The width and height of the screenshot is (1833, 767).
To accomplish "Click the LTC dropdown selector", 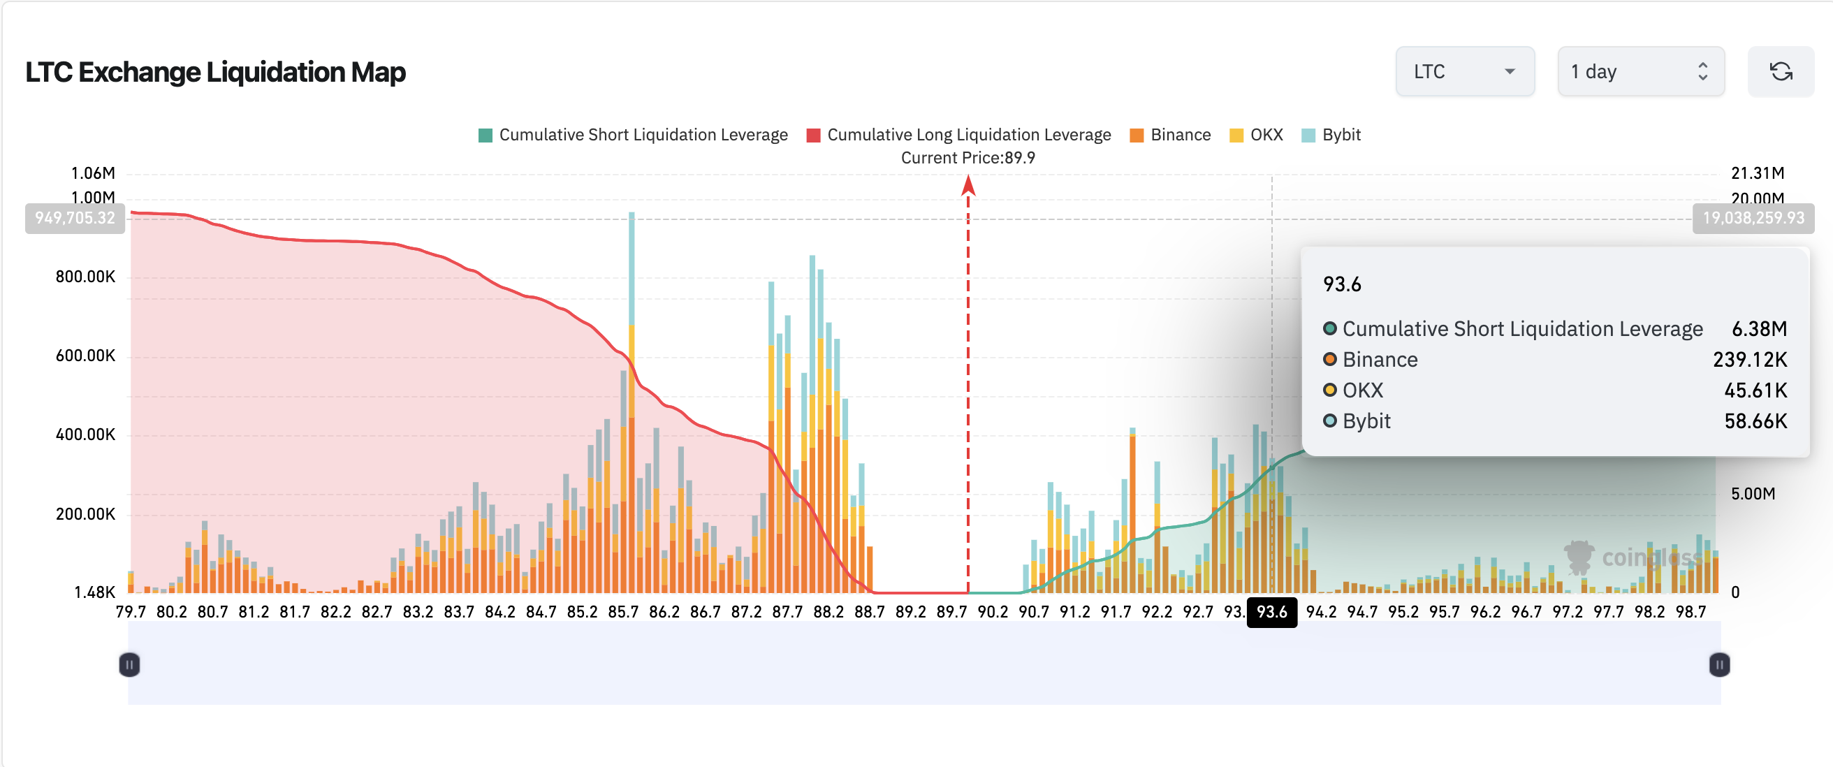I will (1464, 72).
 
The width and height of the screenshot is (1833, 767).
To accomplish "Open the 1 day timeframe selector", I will (1640, 72).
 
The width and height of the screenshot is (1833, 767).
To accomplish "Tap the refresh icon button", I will (1781, 72).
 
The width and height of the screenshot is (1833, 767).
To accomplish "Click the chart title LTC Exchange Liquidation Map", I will (216, 72).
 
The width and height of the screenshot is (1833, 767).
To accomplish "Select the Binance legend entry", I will (1171, 136).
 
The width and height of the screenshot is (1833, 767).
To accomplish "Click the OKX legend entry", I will (1257, 136).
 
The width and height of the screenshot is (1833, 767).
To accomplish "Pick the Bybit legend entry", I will (1331, 136).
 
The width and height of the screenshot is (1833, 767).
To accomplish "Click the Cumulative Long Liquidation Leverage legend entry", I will (958, 136).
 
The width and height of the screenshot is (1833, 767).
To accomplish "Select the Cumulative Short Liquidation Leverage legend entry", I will (634, 136).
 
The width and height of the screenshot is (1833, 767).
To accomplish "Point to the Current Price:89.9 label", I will (967, 158).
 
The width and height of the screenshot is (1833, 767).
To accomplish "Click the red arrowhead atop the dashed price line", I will (967, 187).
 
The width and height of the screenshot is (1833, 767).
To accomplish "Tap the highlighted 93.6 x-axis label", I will (1271, 613).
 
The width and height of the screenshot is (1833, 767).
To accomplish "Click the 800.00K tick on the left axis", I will (85, 277).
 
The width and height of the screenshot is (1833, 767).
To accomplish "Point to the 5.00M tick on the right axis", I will (1753, 494).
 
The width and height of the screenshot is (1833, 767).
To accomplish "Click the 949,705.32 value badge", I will (75, 219).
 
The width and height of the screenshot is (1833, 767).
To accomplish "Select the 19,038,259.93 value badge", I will (1753, 219).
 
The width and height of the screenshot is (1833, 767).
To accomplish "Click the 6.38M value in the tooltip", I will (1759, 329).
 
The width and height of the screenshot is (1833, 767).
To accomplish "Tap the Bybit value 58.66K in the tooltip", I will (1755, 421).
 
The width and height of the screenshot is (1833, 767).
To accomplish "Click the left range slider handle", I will (129, 665).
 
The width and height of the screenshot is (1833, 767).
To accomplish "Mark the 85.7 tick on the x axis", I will (623, 613).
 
